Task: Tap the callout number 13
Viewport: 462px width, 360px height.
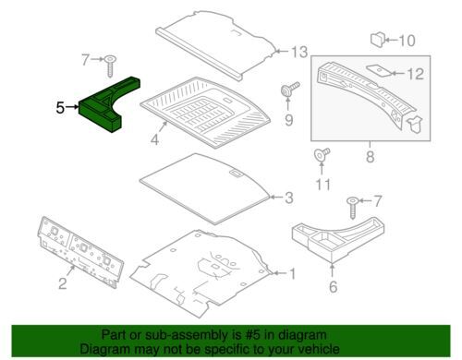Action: coord(299,52)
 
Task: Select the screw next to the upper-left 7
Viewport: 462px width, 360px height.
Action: coord(110,66)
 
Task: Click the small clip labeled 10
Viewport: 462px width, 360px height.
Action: coord(378,40)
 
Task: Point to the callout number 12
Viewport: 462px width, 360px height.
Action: coord(415,74)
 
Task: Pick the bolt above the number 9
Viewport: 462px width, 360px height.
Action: coord(289,89)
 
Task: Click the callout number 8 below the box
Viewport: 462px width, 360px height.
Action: coord(371,157)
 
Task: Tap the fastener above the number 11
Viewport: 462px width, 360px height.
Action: coord(322,154)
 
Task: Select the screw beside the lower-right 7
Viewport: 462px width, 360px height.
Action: coord(352,208)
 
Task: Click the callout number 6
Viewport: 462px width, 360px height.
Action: coord(334,287)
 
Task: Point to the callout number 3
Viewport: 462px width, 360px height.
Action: coord(289,198)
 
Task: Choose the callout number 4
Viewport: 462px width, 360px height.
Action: coord(154,139)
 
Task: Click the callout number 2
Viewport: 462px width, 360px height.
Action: coord(63,283)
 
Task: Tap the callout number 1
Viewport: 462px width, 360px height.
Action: coord(292,273)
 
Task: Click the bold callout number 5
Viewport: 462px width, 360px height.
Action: coord(60,108)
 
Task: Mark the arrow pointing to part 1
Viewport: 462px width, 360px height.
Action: coord(279,273)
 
